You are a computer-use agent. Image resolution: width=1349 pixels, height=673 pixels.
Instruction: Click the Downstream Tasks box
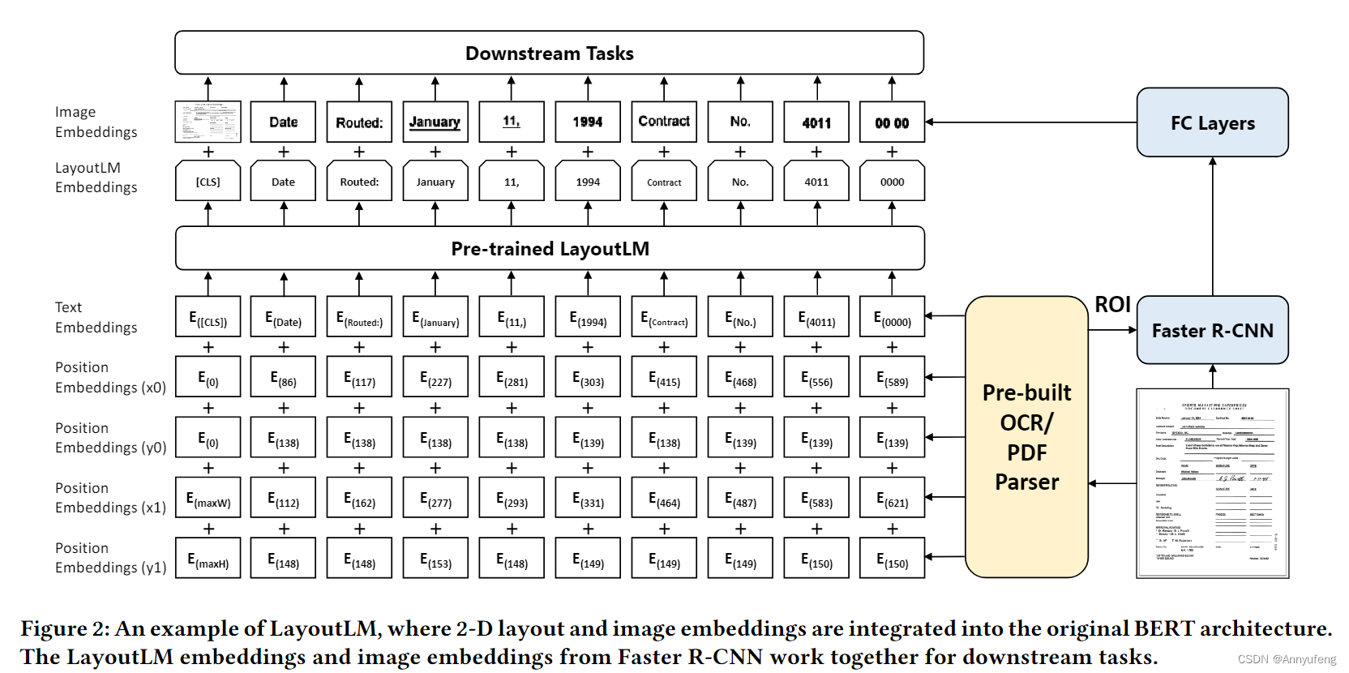pos(549,54)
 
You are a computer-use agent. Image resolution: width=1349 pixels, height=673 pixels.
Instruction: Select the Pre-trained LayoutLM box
pos(550,248)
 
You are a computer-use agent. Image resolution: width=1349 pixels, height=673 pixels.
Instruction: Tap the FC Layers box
pos(1212,122)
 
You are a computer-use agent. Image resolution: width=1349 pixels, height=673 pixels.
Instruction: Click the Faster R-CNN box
pos(1212,330)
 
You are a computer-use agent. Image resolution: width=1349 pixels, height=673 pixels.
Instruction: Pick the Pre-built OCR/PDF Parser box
pos(1026,437)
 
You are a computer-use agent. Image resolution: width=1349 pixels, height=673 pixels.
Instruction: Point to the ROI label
pos(1112,305)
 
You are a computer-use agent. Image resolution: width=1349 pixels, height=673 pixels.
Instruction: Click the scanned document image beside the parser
pos(1212,483)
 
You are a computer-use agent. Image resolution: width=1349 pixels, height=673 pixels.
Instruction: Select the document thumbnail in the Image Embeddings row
pos(208,122)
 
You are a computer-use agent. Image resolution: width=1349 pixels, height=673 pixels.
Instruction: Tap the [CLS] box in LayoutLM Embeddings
pos(208,182)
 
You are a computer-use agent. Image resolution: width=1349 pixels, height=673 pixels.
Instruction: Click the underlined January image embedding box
pos(435,122)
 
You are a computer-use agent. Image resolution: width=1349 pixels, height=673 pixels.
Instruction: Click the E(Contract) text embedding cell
pos(664,319)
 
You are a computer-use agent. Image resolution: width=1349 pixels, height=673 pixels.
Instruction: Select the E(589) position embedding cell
pos(892,379)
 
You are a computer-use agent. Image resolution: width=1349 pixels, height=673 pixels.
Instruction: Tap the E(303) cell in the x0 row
pos(588,379)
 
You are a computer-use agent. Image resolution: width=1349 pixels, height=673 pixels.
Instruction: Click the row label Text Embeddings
pos(96,318)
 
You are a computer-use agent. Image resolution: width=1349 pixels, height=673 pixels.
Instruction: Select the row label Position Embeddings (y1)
pos(110,558)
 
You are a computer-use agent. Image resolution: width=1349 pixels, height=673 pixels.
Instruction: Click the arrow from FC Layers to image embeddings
pos(1030,122)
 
